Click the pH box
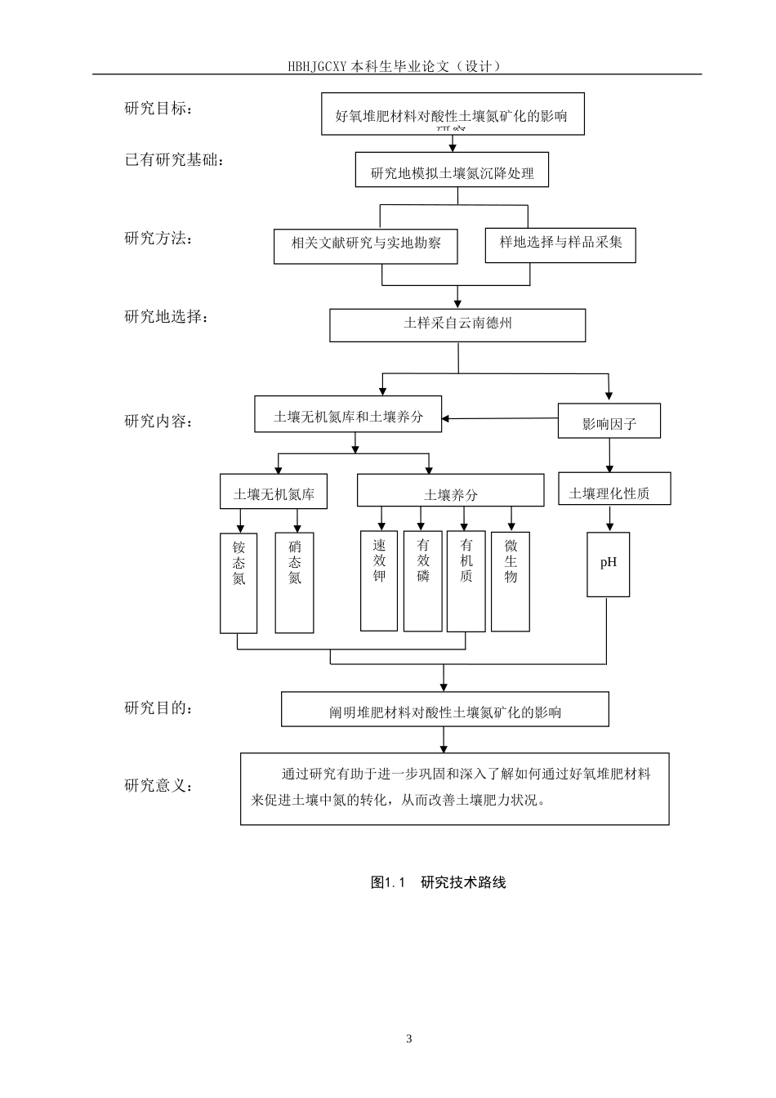click(x=609, y=564)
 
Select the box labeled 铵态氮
click(x=239, y=582)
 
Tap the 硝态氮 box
click(x=294, y=582)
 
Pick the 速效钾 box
click(x=379, y=580)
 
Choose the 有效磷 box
click(x=422, y=580)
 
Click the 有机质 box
click(x=466, y=580)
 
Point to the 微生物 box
click(x=511, y=580)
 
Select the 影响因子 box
click(x=609, y=422)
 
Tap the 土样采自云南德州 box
click(x=457, y=324)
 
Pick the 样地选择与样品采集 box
click(x=560, y=244)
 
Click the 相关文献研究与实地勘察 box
click(x=365, y=245)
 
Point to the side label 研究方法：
click(x=159, y=239)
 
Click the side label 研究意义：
click(x=159, y=787)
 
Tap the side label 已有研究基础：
click(x=174, y=160)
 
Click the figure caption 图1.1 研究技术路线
click(x=439, y=882)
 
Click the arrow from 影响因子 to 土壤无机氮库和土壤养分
click(x=500, y=419)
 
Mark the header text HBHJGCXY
click(x=319, y=66)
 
